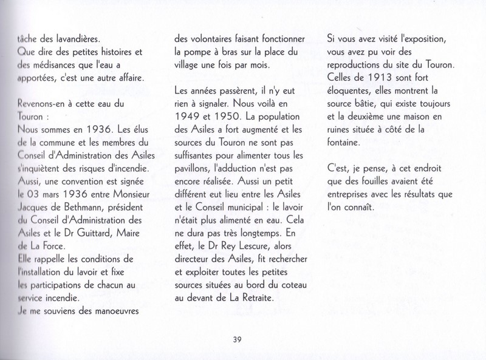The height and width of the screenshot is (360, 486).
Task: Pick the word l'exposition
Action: click(420, 38)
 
